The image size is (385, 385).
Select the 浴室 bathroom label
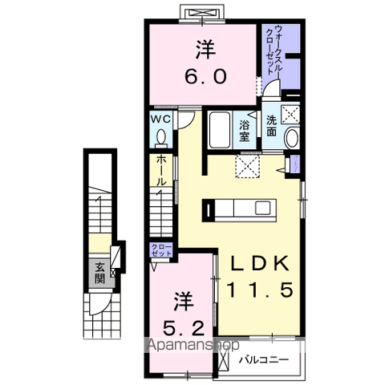tap(245, 130)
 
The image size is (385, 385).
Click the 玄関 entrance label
tap(99, 274)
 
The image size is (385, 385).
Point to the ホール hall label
tap(162, 171)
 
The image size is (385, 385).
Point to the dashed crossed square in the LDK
tap(246, 166)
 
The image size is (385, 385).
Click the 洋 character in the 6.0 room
tap(207, 48)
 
